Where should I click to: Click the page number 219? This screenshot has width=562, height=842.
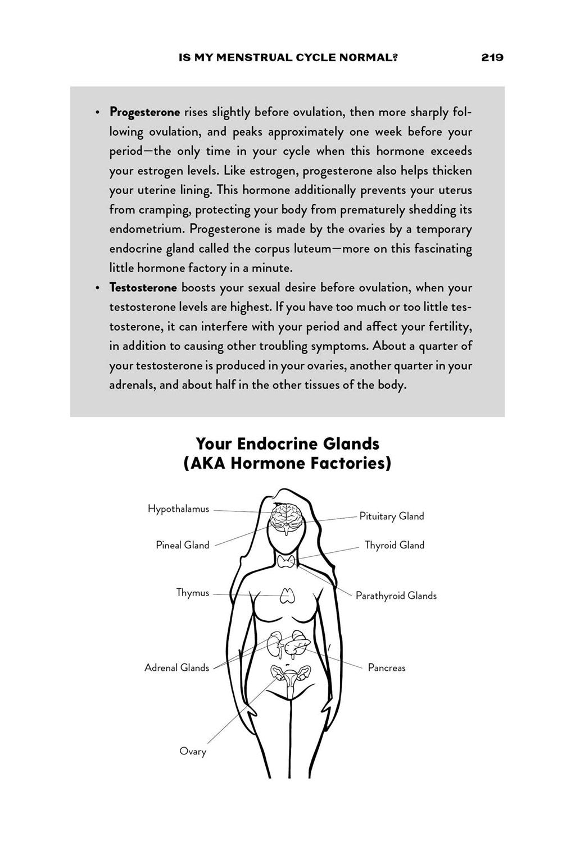click(x=492, y=57)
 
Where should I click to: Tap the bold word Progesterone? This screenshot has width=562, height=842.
click(x=144, y=112)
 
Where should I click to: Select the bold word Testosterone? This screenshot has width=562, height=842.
click(x=143, y=288)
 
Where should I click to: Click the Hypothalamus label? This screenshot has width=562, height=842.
click(x=178, y=509)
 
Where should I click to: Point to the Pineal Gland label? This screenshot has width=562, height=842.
click(x=182, y=545)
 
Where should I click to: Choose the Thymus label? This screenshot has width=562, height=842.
click(x=192, y=593)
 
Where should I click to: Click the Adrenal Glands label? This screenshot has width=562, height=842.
click(x=176, y=668)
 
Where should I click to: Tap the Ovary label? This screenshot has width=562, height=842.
click(x=192, y=751)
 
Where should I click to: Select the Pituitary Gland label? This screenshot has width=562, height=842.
click(x=392, y=516)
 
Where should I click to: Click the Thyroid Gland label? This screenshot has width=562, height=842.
click(x=394, y=545)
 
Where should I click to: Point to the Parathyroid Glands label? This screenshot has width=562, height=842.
click(x=396, y=596)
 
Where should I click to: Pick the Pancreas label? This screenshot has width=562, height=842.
click(x=386, y=668)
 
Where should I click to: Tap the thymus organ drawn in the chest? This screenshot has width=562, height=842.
click(x=288, y=595)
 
